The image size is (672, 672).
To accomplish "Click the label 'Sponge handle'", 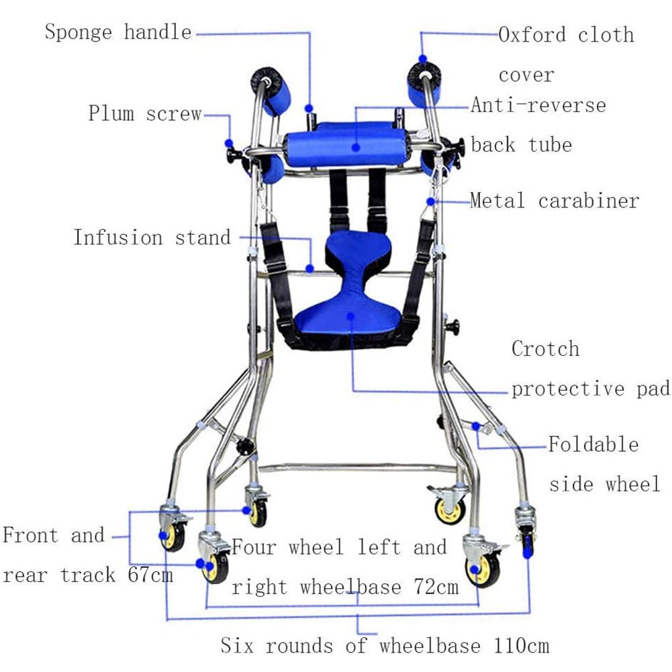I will pyautogui.click(x=118, y=32).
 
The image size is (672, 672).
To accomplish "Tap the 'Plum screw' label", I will pyautogui.click(x=144, y=113).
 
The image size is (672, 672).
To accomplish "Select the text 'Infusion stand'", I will pyautogui.click(x=152, y=238).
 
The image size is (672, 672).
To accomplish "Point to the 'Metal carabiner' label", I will pyautogui.click(x=555, y=200).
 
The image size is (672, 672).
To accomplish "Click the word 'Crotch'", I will pyautogui.click(x=545, y=349).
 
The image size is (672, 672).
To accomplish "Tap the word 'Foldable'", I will pyautogui.click(x=593, y=444).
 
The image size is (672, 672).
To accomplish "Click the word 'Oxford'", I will pyautogui.click(x=534, y=34).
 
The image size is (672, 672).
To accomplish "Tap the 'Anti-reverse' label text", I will pyautogui.click(x=538, y=105).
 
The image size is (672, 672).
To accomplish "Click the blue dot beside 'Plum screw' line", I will pyautogui.click(x=229, y=143).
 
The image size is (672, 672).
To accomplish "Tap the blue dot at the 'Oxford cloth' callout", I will pyautogui.click(x=423, y=59).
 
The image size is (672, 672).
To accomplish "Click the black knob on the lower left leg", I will pyautogui.click(x=246, y=444).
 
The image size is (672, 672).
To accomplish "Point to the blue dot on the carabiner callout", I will pyautogui.click(x=430, y=200).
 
